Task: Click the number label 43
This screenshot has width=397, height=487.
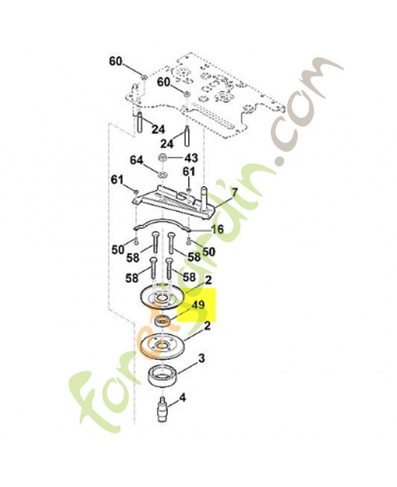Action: pyautogui.click(x=191, y=158)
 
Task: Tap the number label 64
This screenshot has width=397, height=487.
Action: pyautogui.click(x=136, y=160)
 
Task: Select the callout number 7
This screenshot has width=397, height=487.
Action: pyautogui.click(x=234, y=192)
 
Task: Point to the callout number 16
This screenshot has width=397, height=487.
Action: pyautogui.click(x=217, y=229)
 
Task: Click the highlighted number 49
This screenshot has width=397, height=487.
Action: pyautogui.click(x=197, y=305)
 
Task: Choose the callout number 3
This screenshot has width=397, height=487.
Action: pyautogui.click(x=202, y=359)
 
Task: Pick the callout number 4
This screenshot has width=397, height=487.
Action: pyautogui.click(x=182, y=398)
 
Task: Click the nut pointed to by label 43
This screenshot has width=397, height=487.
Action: pyautogui.click(x=163, y=158)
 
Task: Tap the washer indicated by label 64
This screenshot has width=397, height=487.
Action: pyautogui.click(x=163, y=173)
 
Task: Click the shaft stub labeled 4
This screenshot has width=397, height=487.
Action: pyautogui.click(x=162, y=408)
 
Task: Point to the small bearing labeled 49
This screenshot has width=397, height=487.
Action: pyautogui.click(x=162, y=320)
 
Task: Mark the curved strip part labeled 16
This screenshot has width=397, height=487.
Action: pyautogui.click(x=162, y=222)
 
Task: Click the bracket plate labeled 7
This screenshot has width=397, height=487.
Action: pyautogui.click(x=174, y=202)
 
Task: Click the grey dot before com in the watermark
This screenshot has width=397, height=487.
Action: pyautogui.click(x=281, y=160)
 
